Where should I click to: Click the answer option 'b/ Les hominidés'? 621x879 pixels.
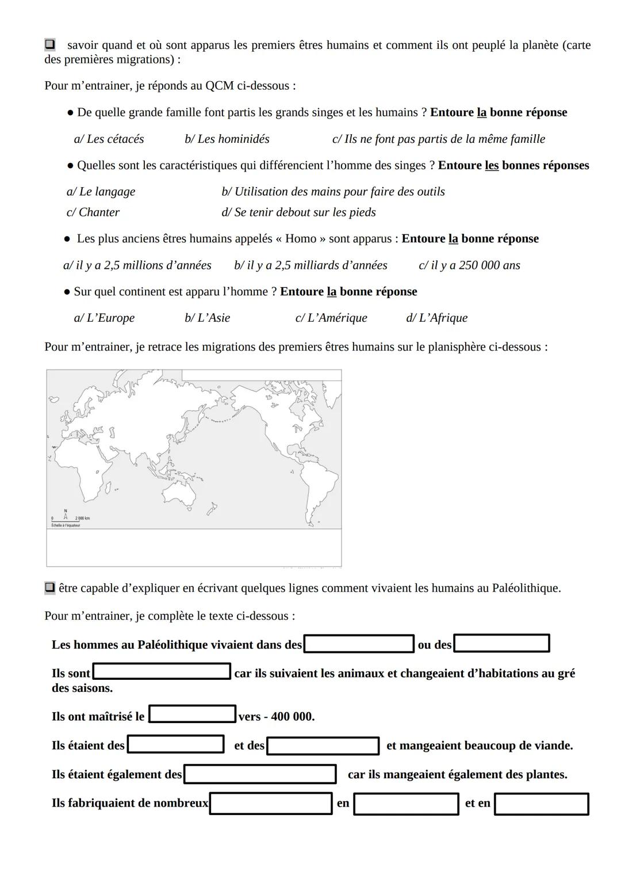pyautogui.click(x=227, y=139)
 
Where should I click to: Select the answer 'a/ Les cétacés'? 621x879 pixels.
pyautogui.click(x=109, y=139)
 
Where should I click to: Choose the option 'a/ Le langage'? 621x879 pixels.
pyautogui.click(x=101, y=192)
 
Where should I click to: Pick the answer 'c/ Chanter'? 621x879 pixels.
pyautogui.click(x=93, y=212)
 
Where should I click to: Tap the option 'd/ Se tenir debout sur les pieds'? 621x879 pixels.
pyautogui.click(x=298, y=212)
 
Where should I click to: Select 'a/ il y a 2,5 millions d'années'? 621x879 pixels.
pyautogui.click(x=137, y=265)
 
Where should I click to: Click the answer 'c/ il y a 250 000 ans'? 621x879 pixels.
pyautogui.click(x=469, y=265)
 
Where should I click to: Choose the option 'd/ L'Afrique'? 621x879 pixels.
pyautogui.click(x=436, y=318)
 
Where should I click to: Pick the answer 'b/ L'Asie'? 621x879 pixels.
pyautogui.click(x=207, y=318)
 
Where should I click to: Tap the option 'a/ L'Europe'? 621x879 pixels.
pyautogui.click(x=104, y=318)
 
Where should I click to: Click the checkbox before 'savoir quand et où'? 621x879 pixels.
pyautogui.click(x=49, y=44)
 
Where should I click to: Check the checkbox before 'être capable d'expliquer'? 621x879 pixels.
pyautogui.click(x=49, y=588)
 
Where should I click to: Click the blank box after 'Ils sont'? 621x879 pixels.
pyautogui.click(x=162, y=671)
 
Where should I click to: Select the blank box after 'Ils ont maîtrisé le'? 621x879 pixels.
pyautogui.click(x=193, y=714)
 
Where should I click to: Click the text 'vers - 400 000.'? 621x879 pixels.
pyautogui.click(x=277, y=717)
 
